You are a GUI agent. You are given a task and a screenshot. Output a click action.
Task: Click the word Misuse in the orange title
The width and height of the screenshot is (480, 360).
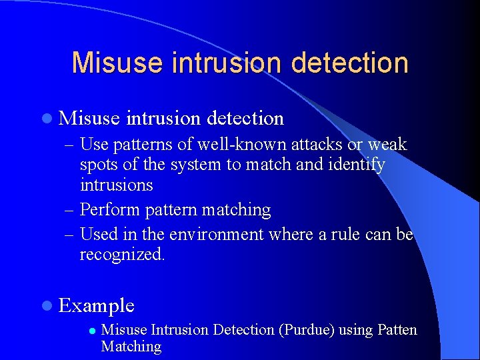coord(118,63)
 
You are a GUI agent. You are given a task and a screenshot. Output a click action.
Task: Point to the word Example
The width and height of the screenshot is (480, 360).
coord(97,306)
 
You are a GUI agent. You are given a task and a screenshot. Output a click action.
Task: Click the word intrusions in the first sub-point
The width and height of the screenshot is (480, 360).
coord(116,185)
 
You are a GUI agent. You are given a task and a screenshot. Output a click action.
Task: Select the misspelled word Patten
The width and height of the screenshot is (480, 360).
coord(397,330)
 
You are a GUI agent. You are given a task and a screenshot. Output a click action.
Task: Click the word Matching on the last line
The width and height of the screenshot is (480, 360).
coord(131,347)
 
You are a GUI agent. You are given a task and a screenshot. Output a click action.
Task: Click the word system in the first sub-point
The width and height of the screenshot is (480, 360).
coord(198,165)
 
